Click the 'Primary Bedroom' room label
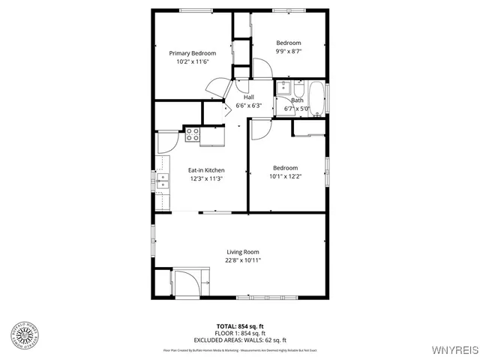192,53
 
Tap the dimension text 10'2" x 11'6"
192,62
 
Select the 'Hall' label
248,97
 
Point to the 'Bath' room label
297,100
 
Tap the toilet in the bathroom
298,87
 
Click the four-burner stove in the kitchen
192,135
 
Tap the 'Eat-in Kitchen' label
205,170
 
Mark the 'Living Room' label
243,252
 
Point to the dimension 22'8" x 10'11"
243,260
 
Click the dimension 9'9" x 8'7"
288,52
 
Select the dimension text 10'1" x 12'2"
285,177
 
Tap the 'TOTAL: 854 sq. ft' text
240,325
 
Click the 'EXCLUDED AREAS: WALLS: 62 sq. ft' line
240,339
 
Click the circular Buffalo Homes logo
25,335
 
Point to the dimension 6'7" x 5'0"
297,109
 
